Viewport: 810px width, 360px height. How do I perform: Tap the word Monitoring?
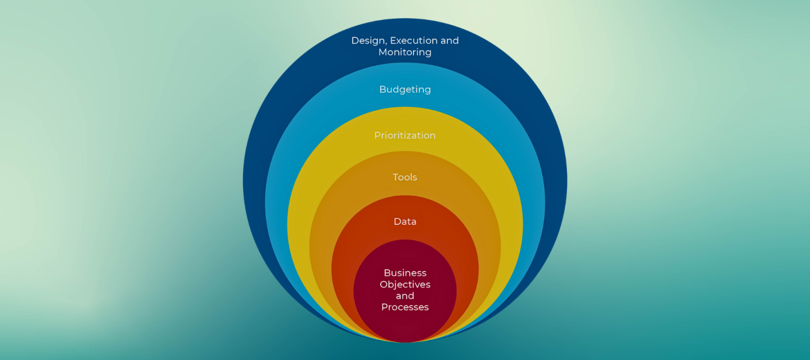405,52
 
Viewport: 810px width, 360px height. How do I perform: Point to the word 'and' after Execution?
449,41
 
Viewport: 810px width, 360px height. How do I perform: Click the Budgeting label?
405,89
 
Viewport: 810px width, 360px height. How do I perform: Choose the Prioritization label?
405,136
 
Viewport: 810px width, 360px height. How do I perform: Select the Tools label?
405,177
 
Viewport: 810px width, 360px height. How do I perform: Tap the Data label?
405,222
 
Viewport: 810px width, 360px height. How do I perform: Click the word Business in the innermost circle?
405,273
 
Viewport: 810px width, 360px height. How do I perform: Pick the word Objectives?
405,285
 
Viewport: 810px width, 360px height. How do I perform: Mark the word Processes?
405,307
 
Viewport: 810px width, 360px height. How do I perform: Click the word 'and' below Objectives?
405,296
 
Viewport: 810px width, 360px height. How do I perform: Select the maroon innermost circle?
405,326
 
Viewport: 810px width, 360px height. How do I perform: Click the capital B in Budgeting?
382,89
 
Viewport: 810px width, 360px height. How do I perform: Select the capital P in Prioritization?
377,136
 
